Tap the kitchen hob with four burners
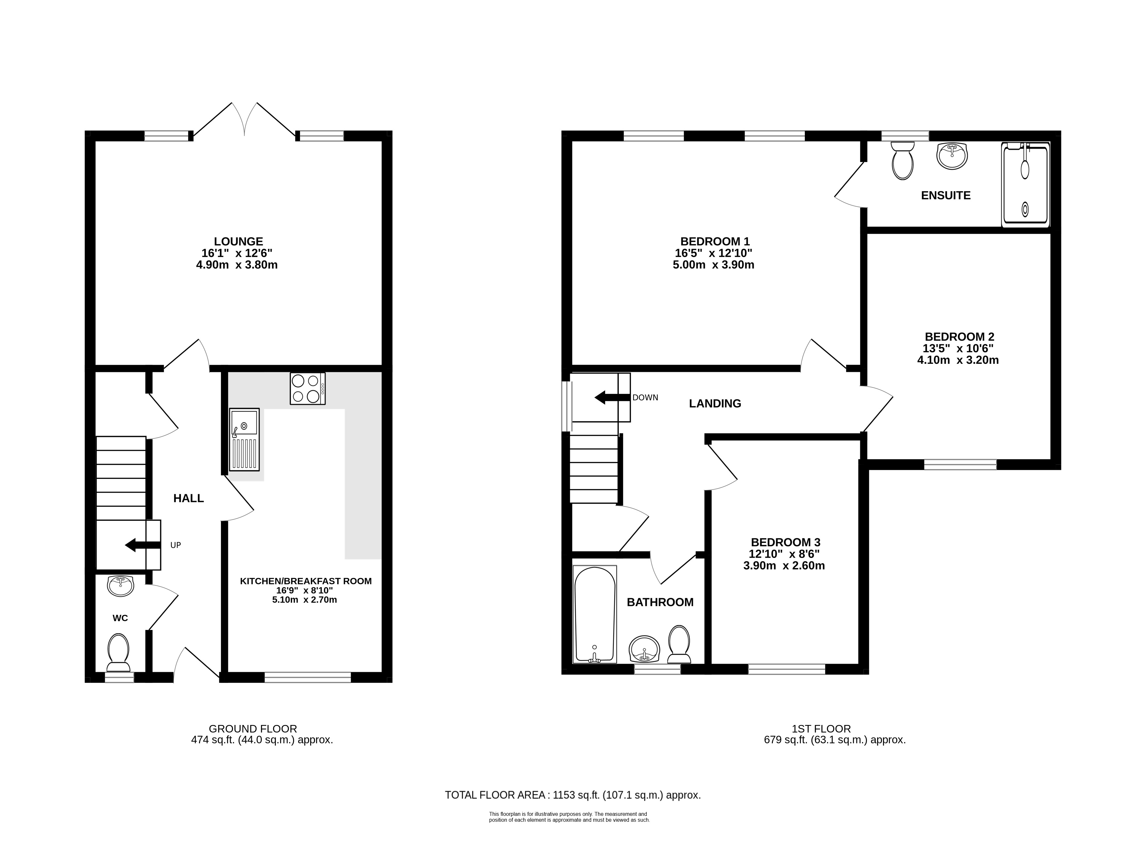[x=308, y=389]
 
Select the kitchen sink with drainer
[x=244, y=440]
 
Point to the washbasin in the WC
[x=120, y=586]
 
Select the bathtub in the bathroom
[x=595, y=615]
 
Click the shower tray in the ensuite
[x=1026, y=185]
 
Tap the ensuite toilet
[x=903, y=160]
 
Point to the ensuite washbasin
[x=952, y=156]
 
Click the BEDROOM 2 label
[x=959, y=337]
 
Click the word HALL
[x=189, y=498]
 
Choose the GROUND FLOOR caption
[x=253, y=729]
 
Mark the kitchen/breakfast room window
[x=308, y=677]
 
